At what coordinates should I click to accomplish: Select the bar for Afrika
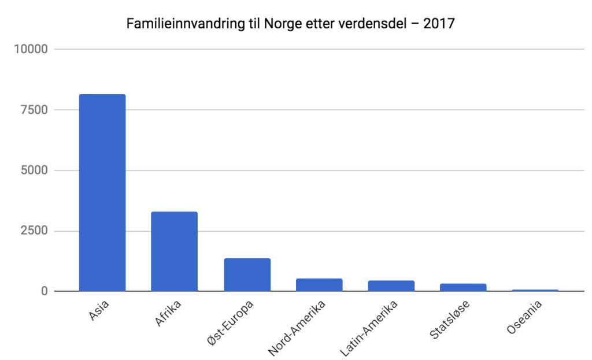point(174,251)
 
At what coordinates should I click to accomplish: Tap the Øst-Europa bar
point(247,274)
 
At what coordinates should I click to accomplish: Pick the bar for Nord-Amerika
point(319,285)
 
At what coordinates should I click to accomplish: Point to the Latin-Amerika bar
point(391,285)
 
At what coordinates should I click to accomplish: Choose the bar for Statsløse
point(463,287)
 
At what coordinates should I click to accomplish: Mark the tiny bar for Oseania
point(535,290)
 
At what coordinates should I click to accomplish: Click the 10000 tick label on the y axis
point(30,49)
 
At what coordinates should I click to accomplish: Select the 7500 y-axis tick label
point(33,110)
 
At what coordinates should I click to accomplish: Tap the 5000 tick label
point(33,170)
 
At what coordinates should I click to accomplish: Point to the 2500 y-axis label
point(33,231)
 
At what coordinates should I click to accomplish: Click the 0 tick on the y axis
point(43,291)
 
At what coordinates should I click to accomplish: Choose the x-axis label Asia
point(99,312)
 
